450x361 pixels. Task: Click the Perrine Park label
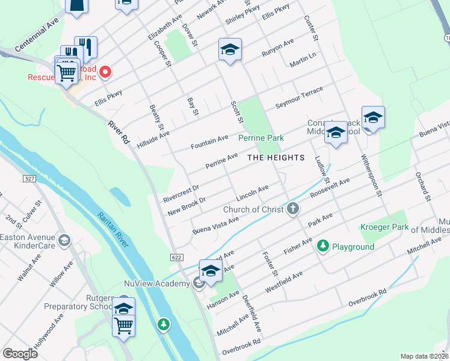tap(260, 138)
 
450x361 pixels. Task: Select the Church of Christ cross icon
tap(293, 209)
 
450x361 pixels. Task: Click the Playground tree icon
tap(323, 245)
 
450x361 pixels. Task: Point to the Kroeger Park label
tap(384, 227)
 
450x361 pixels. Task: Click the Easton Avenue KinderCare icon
tap(64, 242)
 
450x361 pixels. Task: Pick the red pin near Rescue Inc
tap(105, 73)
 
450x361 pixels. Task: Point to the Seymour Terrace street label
tap(299, 97)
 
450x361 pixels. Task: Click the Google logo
tap(20, 353)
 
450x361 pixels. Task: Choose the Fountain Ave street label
tap(209, 142)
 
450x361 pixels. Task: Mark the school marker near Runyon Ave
tap(230, 50)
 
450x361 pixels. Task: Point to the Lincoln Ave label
tap(252, 193)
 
